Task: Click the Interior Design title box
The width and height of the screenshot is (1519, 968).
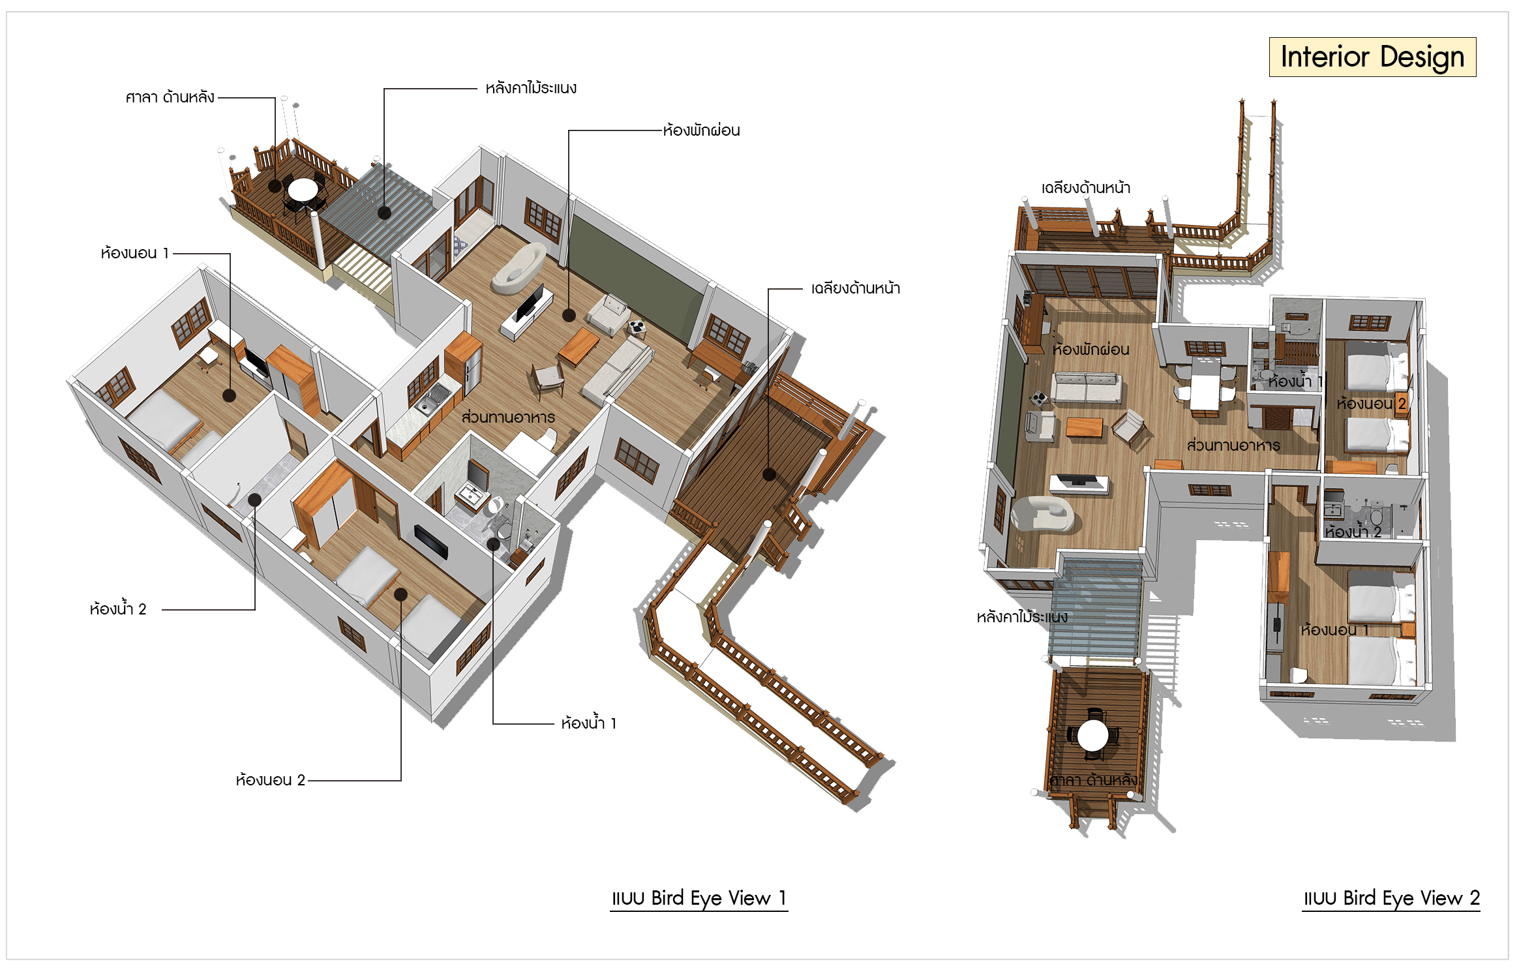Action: click(1372, 57)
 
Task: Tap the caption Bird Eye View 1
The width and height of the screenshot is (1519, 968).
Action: click(699, 898)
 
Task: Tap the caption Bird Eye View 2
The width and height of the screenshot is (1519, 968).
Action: click(1391, 898)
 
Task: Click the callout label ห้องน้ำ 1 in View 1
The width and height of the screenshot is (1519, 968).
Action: click(588, 723)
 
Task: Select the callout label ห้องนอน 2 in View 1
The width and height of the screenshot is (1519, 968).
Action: click(270, 780)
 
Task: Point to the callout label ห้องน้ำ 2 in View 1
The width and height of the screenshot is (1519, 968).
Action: click(118, 609)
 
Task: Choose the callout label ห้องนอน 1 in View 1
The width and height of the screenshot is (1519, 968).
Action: click(135, 253)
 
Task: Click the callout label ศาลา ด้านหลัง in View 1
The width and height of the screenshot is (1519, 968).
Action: click(170, 97)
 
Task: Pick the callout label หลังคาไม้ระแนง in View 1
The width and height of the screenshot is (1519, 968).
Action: click(531, 87)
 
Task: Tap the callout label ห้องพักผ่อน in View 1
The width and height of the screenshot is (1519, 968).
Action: click(701, 130)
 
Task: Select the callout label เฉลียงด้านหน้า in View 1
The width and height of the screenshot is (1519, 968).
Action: click(855, 288)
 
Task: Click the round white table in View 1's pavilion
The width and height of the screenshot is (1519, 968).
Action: click(303, 190)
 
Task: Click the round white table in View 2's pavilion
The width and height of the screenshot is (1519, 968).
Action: click(1092, 735)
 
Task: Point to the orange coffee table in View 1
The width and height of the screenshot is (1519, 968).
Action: click(579, 346)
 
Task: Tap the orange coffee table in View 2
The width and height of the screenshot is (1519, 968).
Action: click(1084, 427)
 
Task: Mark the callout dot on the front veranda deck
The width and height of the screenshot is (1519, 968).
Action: click(769, 474)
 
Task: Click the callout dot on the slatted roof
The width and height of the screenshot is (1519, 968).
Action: click(384, 213)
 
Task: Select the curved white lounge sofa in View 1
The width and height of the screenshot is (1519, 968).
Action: click(518, 269)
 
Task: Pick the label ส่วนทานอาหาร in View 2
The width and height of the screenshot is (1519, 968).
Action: click(1233, 445)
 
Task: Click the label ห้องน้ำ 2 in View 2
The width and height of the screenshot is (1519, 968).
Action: click(1353, 532)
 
